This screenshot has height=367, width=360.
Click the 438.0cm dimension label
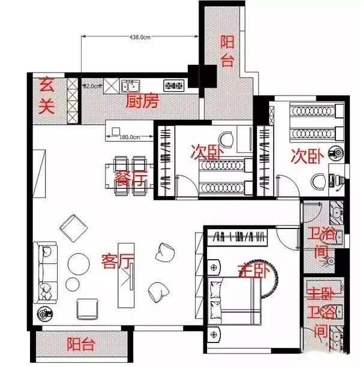coord(139,37)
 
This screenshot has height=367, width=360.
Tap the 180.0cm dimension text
coord(129,137)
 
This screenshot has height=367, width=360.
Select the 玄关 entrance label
coord(47,95)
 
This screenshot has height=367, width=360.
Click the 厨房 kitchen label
coord(142,101)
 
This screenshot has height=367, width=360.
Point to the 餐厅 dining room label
coord(130,179)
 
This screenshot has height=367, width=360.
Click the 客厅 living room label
coord(117,261)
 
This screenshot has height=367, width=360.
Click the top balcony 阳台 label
coord(227,50)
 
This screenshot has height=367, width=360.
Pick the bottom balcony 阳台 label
coord(81,345)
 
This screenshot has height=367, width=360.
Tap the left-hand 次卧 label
coord(205,152)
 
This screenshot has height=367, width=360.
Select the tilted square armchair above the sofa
coord(74,228)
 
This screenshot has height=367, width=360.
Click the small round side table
coord(72,284)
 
